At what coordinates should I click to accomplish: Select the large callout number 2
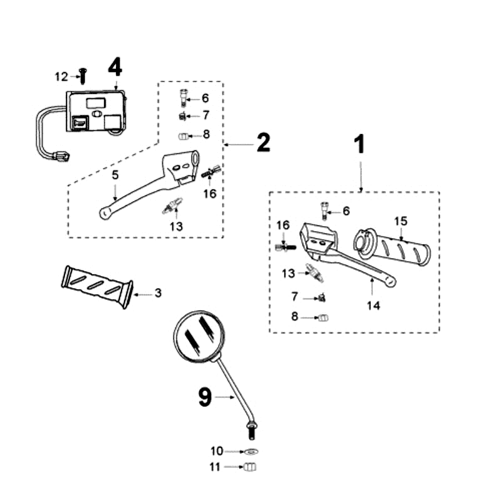tap(263, 143)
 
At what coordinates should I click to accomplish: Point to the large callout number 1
tap(359, 145)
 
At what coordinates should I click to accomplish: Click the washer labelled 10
tap(251, 452)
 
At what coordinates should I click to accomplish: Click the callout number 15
tap(400, 221)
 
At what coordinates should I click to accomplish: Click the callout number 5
tap(115, 175)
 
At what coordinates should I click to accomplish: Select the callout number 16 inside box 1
tap(283, 225)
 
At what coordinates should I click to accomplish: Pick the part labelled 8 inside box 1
tap(324, 318)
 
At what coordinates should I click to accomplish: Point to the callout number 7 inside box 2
tap(205, 116)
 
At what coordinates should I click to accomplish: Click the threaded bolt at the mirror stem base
tap(250, 432)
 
